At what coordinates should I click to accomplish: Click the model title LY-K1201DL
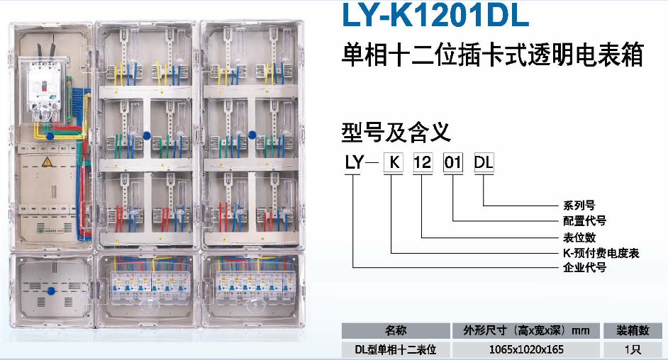tap(435, 15)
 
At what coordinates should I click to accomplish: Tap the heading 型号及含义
tap(396, 133)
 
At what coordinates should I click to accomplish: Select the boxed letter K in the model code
tap(394, 162)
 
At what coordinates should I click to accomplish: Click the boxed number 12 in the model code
tap(423, 162)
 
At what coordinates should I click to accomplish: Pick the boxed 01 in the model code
tap(452, 162)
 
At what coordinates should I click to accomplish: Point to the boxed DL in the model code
tap(484, 162)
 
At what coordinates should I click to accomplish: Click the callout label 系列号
tap(579, 206)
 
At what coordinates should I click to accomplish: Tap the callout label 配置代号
tap(584, 221)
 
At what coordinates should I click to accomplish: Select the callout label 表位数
tap(579, 237)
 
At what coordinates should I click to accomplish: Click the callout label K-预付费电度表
tap(601, 253)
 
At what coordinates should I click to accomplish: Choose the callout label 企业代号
tap(584, 268)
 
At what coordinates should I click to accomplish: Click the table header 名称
tap(396, 331)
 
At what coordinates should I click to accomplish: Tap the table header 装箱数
tap(633, 331)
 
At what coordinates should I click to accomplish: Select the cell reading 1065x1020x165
tap(526, 350)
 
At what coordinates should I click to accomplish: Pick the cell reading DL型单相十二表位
tap(396, 350)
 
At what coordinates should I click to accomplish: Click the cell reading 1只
tap(633, 350)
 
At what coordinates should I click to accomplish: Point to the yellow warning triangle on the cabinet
tap(47, 162)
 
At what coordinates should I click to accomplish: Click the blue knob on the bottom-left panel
tap(51, 291)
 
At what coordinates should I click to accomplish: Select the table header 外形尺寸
tap(485, 331)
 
